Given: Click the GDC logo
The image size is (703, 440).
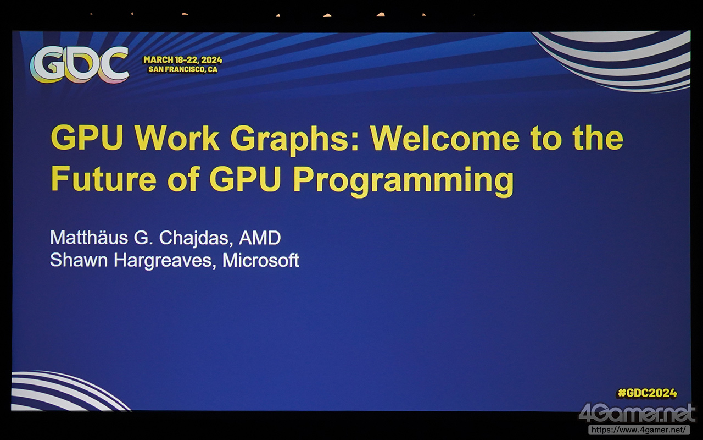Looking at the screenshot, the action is pos(79,64).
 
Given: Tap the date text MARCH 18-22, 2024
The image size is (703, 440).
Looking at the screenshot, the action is pos(183,60).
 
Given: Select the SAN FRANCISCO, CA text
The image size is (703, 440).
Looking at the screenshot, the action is pos(183,69).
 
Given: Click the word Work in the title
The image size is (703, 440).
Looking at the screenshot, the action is pos(177,138).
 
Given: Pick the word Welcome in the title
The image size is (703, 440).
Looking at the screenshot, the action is pos(445,138).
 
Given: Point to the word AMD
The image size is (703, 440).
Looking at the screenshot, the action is pos(260,238).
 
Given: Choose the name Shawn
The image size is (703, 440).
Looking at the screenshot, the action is pos(79,260).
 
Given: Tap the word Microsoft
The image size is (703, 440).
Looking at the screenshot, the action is pos(260,260).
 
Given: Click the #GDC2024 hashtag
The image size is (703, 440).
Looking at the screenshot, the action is pos(647,393).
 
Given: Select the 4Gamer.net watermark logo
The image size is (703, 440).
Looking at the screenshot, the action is pos(637,414).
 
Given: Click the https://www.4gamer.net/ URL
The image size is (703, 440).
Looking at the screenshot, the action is pos(639,430).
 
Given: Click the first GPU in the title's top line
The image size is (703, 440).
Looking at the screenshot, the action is pos(87,138).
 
